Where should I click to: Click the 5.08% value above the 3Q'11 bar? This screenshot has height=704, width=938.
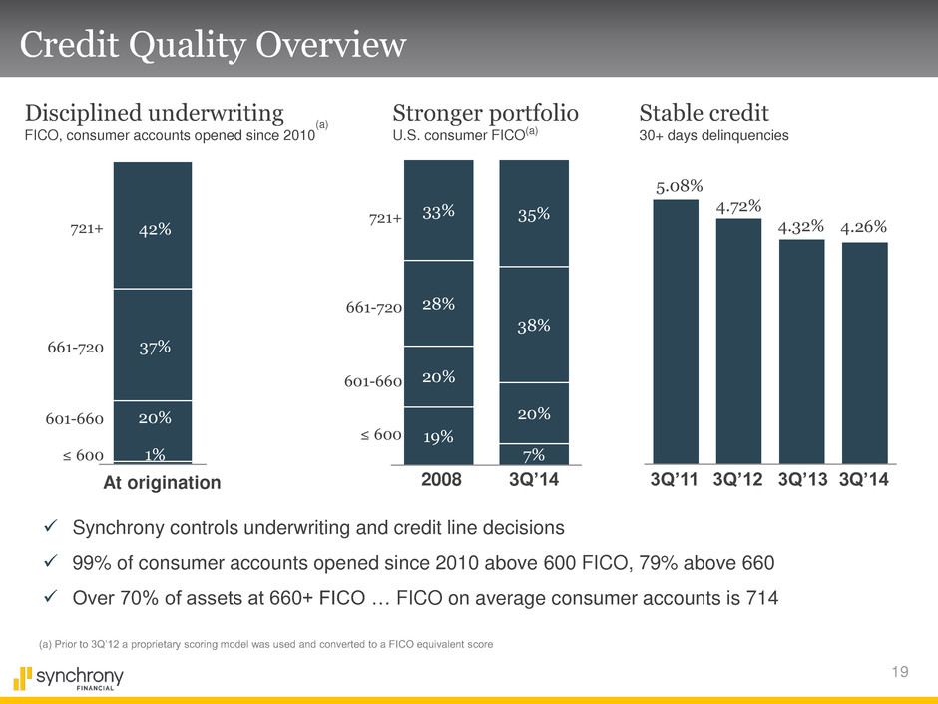[680, 185]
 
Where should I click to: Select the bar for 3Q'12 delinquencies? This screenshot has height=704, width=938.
[738, 340]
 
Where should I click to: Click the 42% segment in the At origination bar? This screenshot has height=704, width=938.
[153, 229]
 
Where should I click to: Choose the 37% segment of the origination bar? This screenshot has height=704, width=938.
[153, 346]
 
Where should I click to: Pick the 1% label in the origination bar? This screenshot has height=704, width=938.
[153, 455]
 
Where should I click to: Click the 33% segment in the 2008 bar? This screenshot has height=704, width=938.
[438, 211]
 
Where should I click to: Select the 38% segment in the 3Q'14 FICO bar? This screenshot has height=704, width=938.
[533, 325]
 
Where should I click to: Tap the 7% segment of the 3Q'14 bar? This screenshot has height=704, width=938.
[533, 454]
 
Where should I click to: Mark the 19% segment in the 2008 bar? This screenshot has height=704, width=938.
[438, 436]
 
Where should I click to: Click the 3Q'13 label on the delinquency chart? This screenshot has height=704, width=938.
[801, 481]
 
